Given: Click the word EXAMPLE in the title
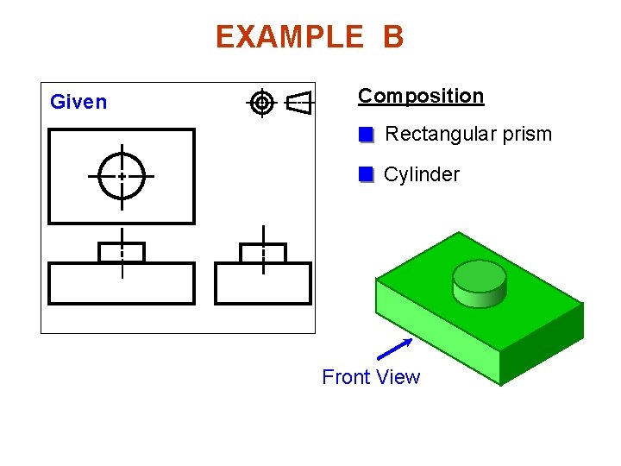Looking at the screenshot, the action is coord(290,37).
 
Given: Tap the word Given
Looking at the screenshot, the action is coord(78,102).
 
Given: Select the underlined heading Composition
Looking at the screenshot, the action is coord(421,96).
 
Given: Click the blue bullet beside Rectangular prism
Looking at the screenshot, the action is coord(366,135).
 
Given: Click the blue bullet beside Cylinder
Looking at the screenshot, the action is coord(366,174).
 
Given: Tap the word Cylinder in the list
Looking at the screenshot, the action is coord(421,174).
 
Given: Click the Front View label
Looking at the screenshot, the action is coord(371,377).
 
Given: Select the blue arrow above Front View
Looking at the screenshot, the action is coord(395,348).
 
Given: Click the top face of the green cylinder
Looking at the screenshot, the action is coord(479,276).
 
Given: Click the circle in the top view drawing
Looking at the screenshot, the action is coord(122,175).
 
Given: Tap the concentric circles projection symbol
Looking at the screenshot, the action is coord(262,103).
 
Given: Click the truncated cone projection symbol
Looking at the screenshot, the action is coord(298,103).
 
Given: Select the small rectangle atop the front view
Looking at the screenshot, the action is coord(122,253).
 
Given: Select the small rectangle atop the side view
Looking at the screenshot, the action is coord(262,253).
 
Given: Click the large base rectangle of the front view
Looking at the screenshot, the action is coord(122,284).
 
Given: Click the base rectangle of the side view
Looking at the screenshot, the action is coord(262,284).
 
